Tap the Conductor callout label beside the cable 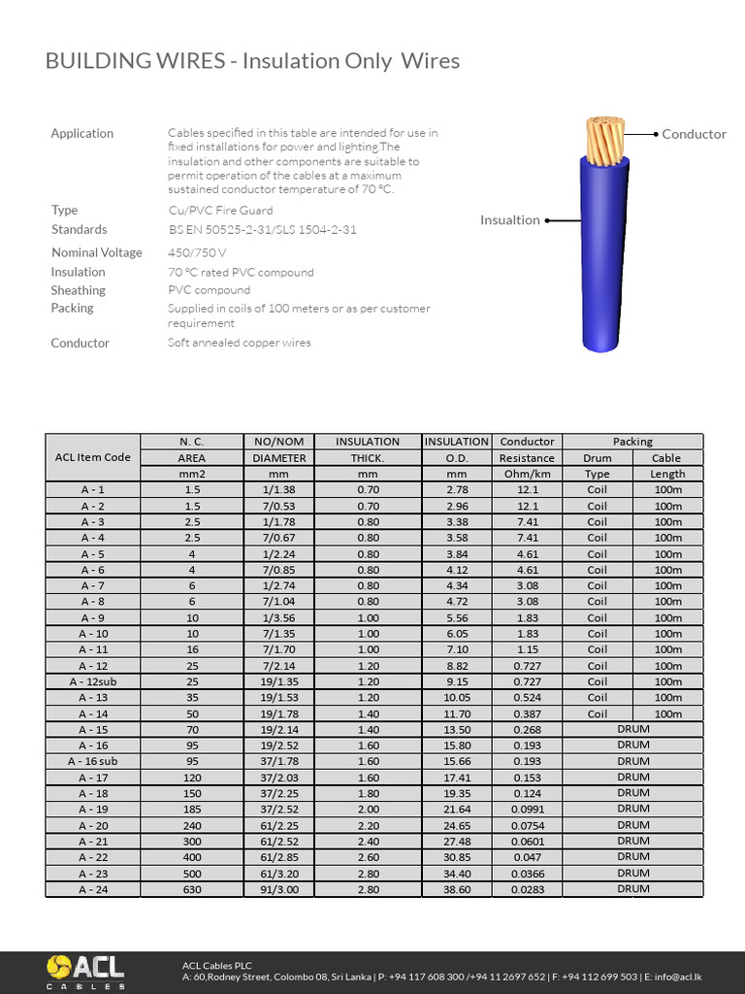(x=694, y=134)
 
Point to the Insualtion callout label (x=509, y=220)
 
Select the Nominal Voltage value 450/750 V (x=196, y=252)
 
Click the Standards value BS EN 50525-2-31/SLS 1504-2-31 (x=262, y=230)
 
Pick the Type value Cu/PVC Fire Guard (x=220, y=211)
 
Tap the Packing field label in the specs (x=72, y=308)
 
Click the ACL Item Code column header (x=92, y=457)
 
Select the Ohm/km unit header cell (x=527, y=474)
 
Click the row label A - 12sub (x=92, y=681)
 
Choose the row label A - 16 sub (x=92, y=761)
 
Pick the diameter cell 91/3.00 (x=279, y=889)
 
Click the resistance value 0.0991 (x=527, y=809)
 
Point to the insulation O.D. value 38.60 (x=456, y=889)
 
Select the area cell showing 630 (x=191, y=889)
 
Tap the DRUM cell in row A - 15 (x=632, y=729)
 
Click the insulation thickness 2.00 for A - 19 (x=367, y=809)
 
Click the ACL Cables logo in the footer (x=85, y=971)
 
